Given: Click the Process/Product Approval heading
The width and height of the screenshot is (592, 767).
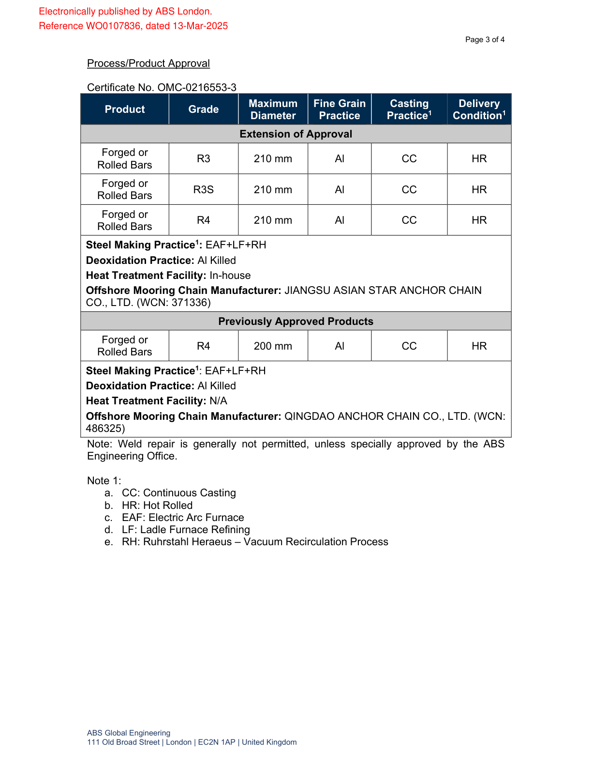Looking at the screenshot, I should coord(148,63).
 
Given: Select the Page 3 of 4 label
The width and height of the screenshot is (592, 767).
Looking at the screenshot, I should coord(485,40).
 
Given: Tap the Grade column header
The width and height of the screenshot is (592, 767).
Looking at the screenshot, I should coord(203,109).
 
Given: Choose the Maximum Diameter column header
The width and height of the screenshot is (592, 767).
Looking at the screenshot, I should coord(273,109).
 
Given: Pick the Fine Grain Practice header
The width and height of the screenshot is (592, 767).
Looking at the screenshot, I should coord(339,109).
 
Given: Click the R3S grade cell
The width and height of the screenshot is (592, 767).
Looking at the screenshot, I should coord(203,190).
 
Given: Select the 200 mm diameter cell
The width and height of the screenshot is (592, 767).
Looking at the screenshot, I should coord(273,346).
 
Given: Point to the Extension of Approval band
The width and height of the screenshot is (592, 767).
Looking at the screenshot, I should coord(296,134).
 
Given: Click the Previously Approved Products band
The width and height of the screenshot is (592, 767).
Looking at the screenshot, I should coord(296,322).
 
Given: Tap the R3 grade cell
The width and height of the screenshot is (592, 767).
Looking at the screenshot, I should coord(203,159).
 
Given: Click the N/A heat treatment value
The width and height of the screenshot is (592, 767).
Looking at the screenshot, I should coord(218,401).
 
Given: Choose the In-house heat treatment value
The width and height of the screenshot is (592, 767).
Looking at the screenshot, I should coord(230,276).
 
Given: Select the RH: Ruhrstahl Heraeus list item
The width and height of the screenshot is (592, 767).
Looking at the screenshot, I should coord(255,542).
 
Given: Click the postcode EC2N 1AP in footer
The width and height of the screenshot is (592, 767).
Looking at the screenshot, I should coord(217,742).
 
